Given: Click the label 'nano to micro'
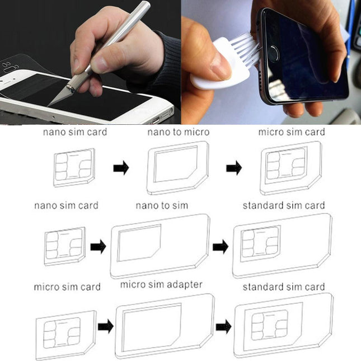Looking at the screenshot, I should pyautogui.click(x=179, y=133).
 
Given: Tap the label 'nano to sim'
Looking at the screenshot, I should pyautogui.click(x=162, y=205).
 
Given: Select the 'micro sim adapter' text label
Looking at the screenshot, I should pyautogui.click(x=161, y=285).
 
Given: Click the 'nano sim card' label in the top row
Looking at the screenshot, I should pyautogui.click(x=75, y=133).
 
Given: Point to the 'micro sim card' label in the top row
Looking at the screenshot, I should pyautogui.click(x=291, y=133).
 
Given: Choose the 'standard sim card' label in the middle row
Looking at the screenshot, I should pyautogui.click(x=283, y=205).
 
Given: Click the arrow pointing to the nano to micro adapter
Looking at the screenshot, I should pyautogui.click(x=120, y=168).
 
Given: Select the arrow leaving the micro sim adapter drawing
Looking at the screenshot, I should pyautogui.click(x=223, y=326).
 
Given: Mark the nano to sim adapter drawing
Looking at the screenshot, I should pyautogui.click(x=161, y=246).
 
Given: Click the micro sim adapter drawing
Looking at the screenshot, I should pyautogui.click(x=165, y=326).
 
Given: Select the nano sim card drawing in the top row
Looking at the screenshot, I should pyautogui.click(x=74, y=167).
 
